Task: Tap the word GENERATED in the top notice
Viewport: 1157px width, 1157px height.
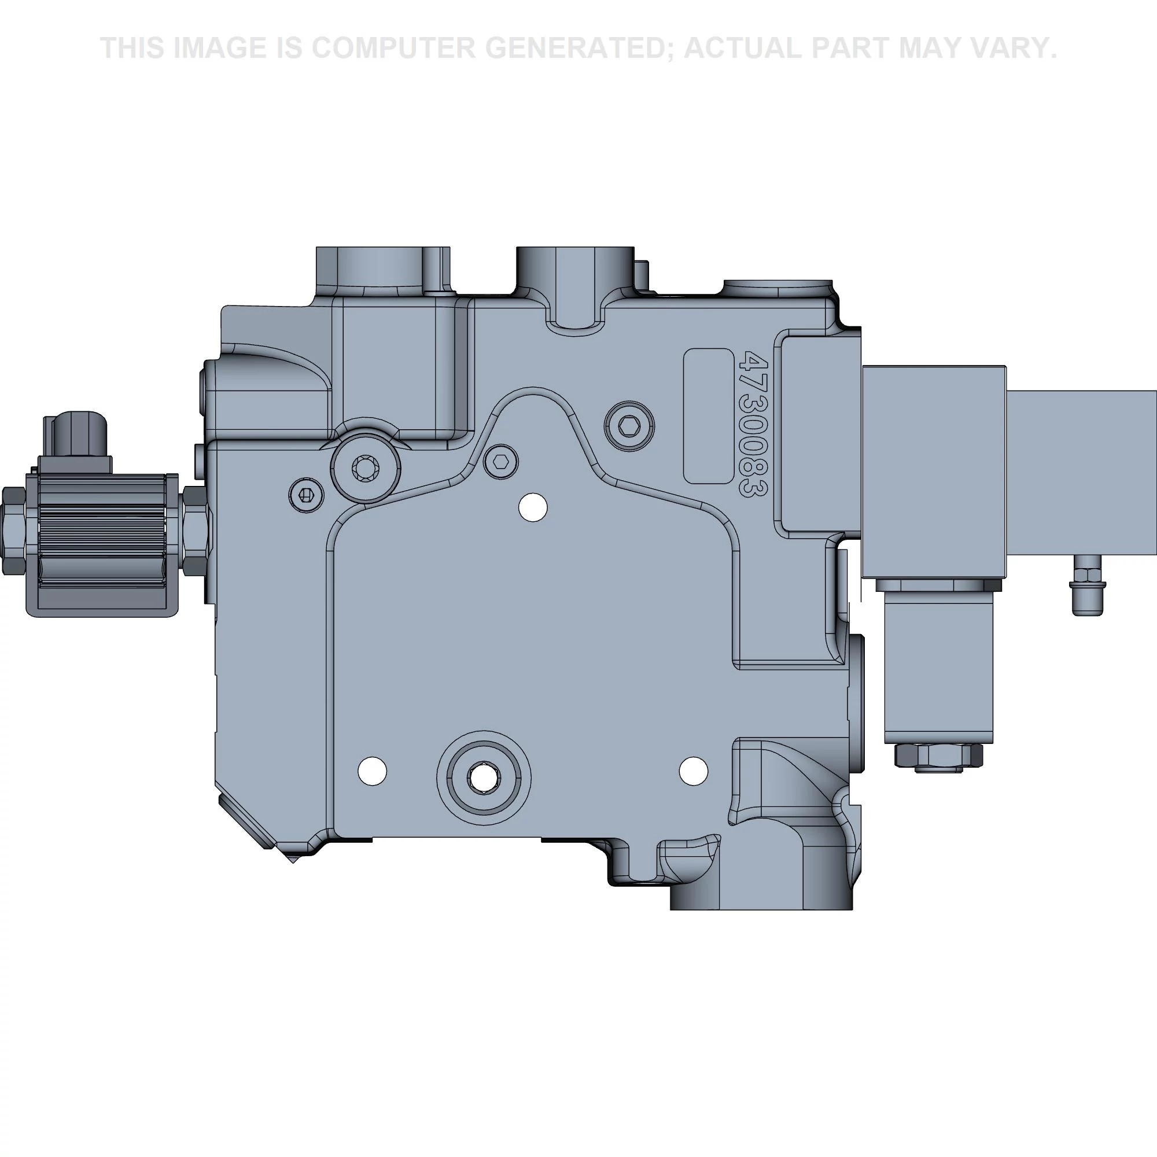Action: point(579,48)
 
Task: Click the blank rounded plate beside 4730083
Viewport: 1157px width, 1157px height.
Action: point(709,415)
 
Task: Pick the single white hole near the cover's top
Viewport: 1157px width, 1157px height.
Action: point(532,508)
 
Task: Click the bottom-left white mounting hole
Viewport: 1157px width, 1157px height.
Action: point(372,769)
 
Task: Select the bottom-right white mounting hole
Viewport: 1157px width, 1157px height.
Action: point(694,770)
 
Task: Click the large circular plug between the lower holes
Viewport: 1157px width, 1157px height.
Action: point(483,778)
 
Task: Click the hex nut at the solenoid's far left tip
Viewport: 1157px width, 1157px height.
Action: point(13,530)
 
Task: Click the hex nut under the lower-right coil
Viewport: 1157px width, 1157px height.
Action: point(938,756)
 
